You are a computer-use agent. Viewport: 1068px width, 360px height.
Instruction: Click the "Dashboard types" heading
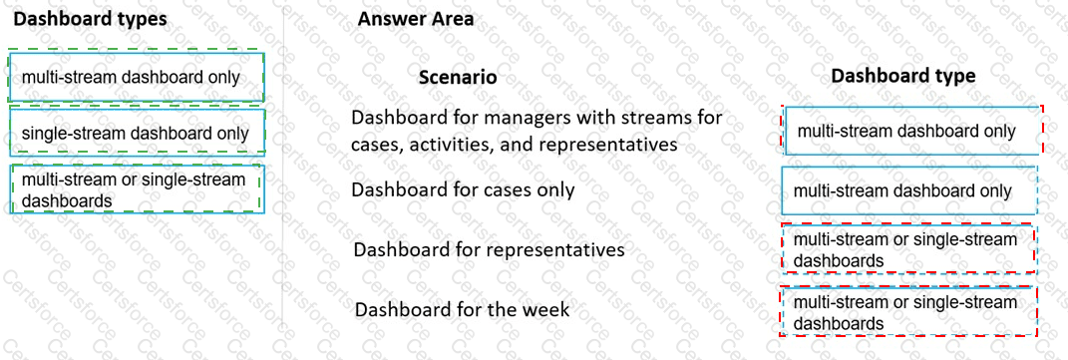(x=91, y=18)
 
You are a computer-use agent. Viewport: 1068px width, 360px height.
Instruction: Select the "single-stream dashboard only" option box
(x=137, y=133)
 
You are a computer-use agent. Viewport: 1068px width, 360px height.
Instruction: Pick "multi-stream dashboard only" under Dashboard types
(x=137, y=77)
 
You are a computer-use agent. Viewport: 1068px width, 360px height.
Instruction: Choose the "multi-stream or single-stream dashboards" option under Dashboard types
(x=137, y=189)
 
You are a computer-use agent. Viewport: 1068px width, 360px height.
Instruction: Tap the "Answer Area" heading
(x=416, y=18)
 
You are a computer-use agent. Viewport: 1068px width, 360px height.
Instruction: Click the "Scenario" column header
(x=458, y=77)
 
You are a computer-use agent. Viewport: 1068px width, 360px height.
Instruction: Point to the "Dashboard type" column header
(x=903, y=75)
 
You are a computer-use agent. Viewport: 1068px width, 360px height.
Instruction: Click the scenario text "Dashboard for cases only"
(x=463, y=188)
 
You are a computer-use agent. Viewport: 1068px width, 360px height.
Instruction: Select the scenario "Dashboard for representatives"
(x=489, y=249)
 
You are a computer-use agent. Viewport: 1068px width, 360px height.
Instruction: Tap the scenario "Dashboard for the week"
(x=462, y=309)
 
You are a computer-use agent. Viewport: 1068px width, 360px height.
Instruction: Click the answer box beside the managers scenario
(x=911, y=131)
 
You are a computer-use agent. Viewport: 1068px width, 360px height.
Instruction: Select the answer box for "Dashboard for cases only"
(x=908, y=190)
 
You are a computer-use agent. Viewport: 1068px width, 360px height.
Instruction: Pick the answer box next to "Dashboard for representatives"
(x=908, y=249)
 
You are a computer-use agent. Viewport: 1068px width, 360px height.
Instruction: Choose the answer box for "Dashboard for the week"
(x=908, y=312)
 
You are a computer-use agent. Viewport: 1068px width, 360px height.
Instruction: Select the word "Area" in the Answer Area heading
(x=451, y=18)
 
